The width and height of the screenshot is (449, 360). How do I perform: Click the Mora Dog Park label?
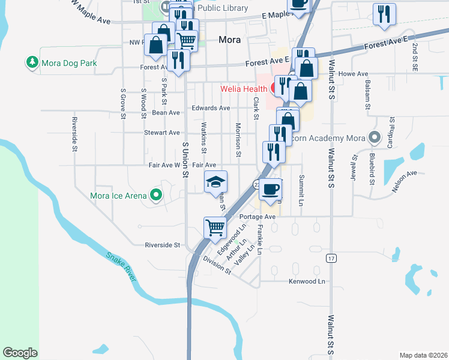click(68, 62)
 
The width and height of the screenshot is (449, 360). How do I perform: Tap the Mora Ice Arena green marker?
click(156, 194)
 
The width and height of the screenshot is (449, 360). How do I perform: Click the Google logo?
click(20, 353)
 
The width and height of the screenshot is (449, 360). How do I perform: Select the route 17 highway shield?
click(331, 258)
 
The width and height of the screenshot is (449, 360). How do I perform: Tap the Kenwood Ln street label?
click(307, 281)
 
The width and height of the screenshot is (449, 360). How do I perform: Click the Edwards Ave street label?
click(211, 108)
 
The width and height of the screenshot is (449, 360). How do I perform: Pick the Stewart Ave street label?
click(161, 132)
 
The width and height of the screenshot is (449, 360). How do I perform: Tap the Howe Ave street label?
click(353, 74)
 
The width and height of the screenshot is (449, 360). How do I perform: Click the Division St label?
click(217, 265)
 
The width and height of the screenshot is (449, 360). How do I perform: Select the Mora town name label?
click(230, 40)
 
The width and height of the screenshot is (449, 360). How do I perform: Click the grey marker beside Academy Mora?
click(375, 137)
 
